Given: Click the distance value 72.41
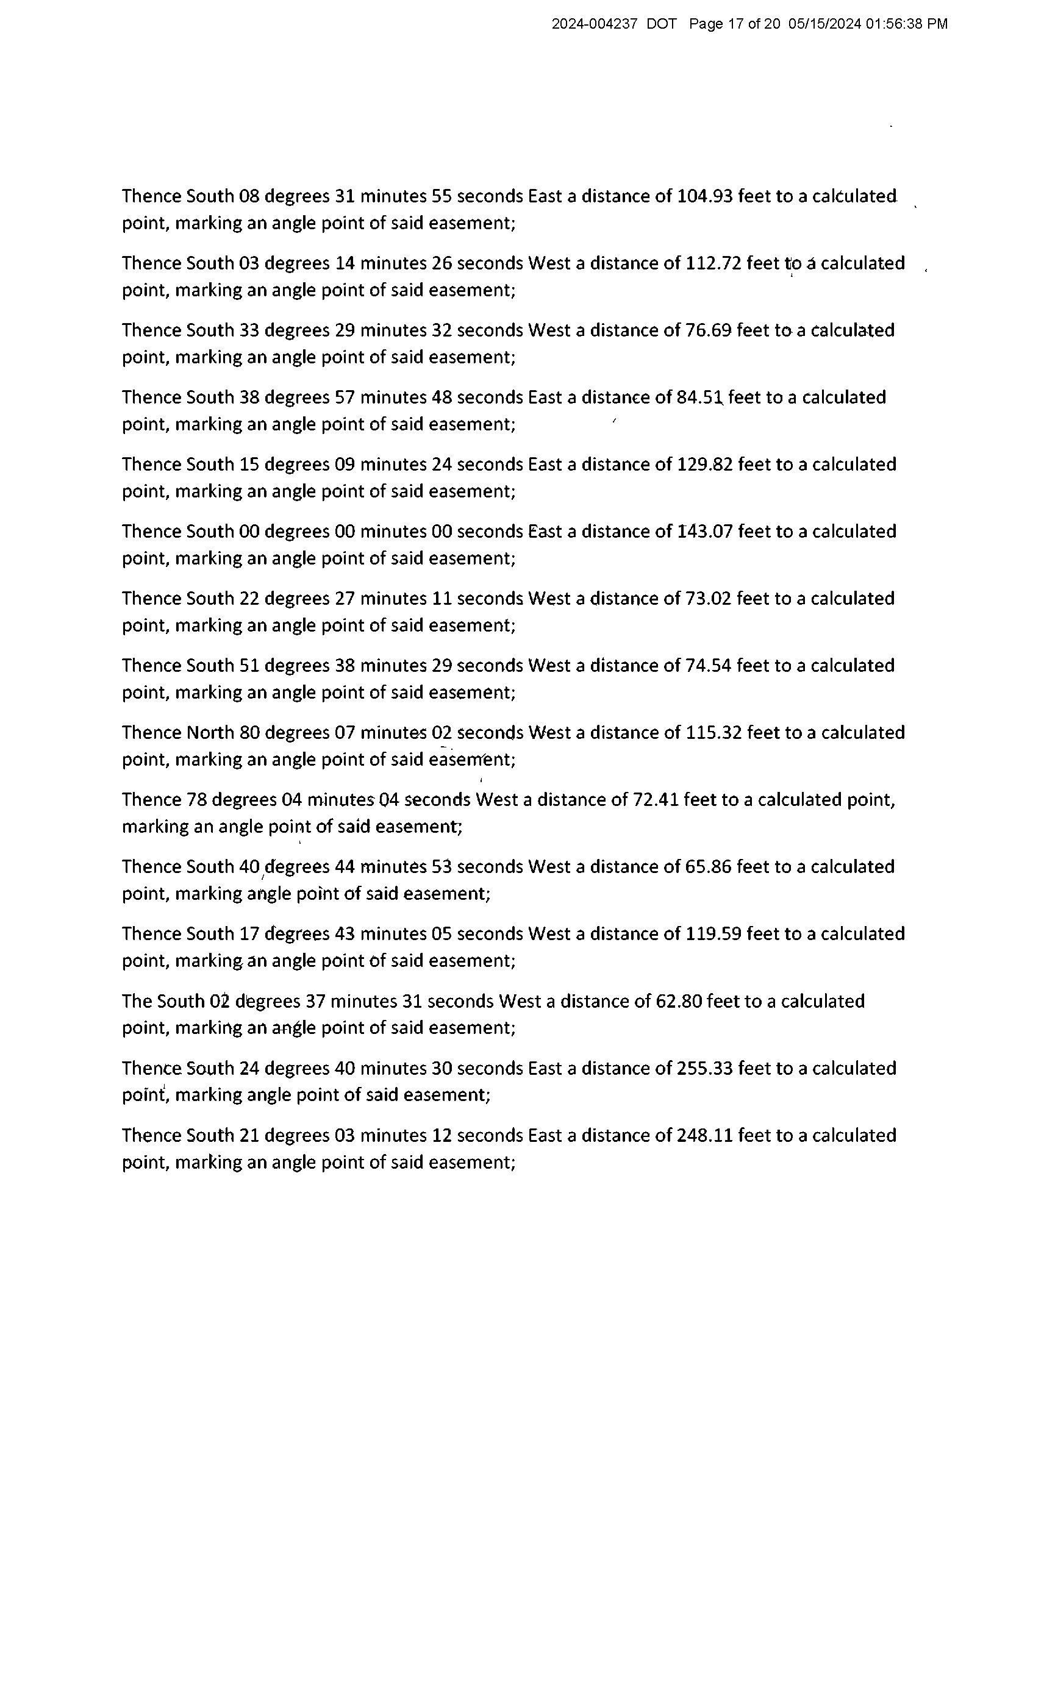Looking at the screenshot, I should click(x=656, y=800).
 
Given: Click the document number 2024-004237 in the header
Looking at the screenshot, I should click(x=594, y=24).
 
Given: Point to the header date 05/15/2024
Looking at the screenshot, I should click(x=824, y=24).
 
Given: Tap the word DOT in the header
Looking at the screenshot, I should click(x=662, y=24).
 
